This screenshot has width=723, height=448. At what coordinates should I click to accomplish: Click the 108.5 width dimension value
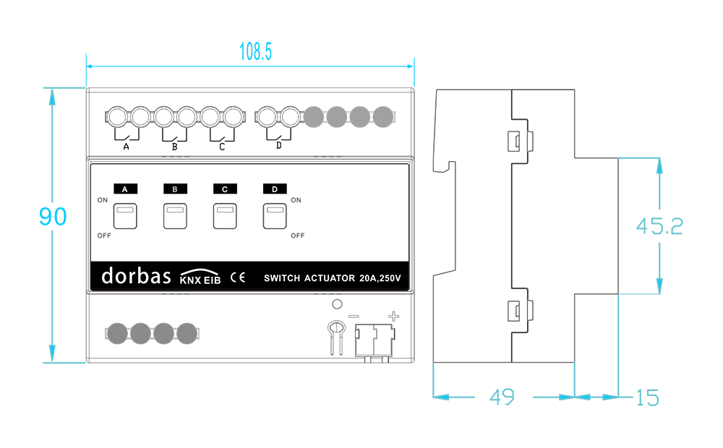tap(255, 51)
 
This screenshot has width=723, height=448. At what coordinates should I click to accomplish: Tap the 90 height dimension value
tap(53, 216)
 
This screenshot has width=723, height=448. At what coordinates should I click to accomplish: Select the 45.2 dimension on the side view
tap(659, 226)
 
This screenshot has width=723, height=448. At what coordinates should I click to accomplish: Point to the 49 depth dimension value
tap(502, 397)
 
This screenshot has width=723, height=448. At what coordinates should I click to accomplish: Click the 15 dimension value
tap(647, 397)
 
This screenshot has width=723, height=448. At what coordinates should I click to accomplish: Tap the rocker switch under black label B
tap(175, 216)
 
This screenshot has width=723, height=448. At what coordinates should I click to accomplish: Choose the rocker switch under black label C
tap(225, 216)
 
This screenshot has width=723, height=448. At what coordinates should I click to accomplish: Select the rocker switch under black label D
tap(275, 216)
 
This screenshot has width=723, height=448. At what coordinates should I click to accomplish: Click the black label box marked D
tap(275, 189)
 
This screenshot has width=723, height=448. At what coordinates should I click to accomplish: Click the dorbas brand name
tap(136, 275)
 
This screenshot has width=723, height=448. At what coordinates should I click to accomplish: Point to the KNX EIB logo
tap(200, 276)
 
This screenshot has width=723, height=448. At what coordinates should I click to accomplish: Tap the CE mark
tap(238, 277)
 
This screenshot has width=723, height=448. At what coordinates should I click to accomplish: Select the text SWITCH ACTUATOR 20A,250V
tap(333, 278)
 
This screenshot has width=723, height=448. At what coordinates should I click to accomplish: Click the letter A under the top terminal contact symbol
tap(126, 147)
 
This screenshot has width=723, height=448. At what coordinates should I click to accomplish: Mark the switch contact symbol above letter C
tap(222, 136)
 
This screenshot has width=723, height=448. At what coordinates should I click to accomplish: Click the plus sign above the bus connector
tap(393, 316)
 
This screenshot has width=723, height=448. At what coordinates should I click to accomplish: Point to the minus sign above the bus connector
tap(354, 316)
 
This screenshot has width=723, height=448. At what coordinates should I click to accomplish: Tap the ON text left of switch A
tap(103, 200)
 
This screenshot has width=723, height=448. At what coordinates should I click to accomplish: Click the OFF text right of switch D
tap(297, 236)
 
